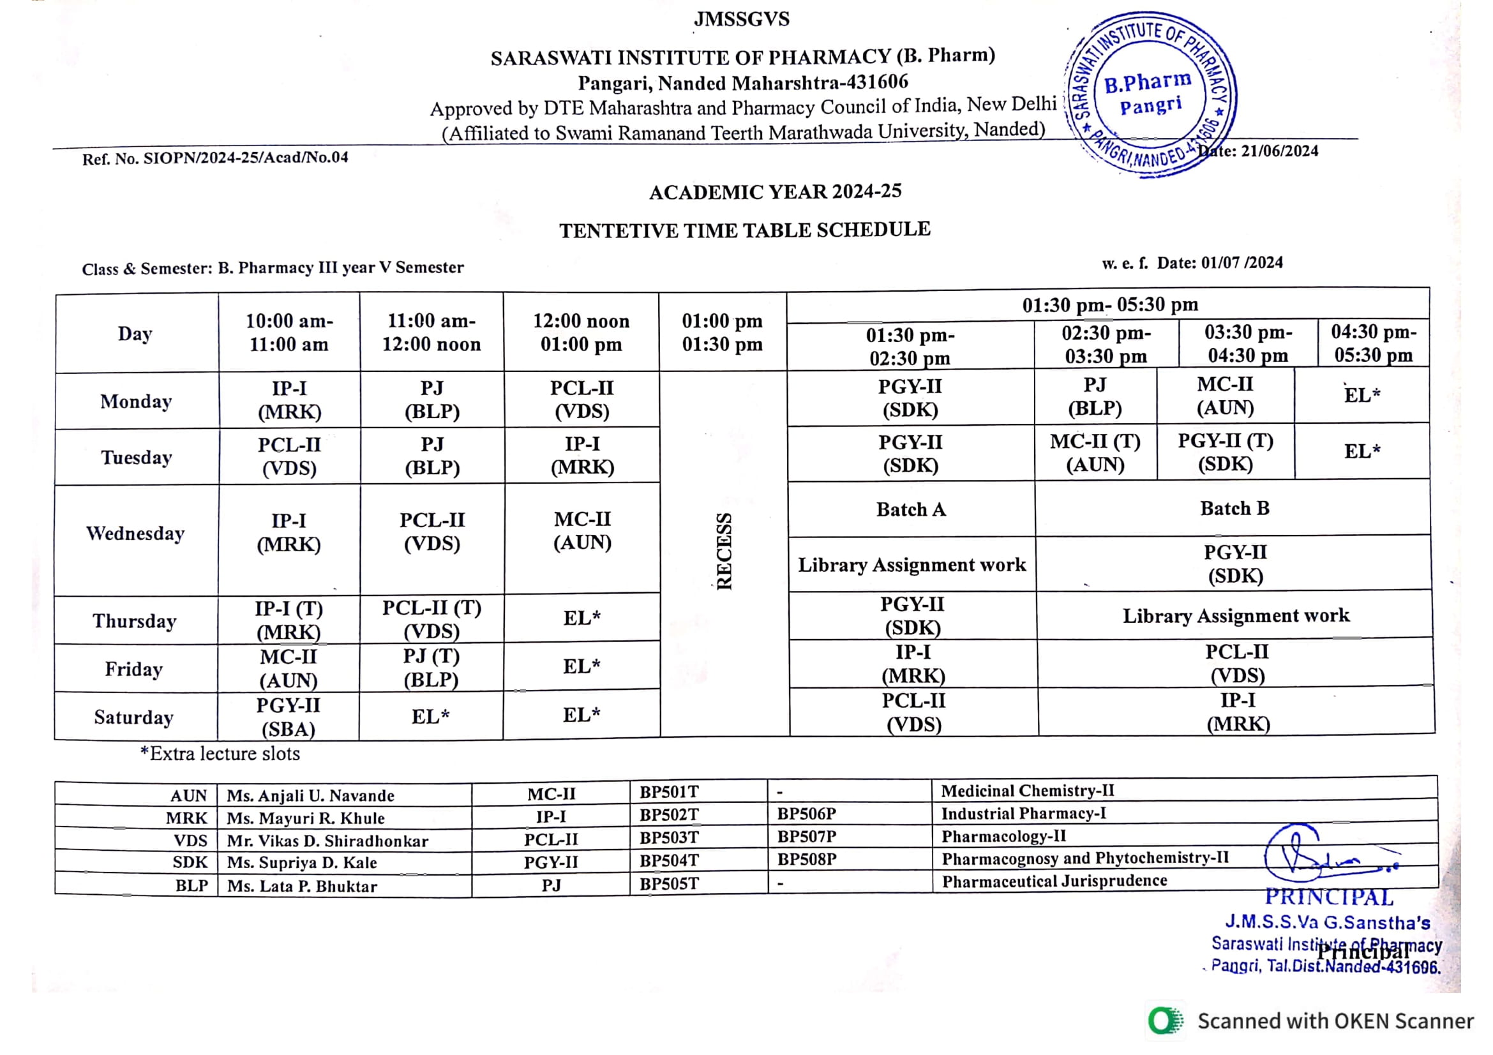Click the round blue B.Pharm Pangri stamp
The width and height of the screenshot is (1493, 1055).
(1150, 94)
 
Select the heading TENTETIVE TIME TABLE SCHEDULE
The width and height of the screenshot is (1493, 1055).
(744, 230)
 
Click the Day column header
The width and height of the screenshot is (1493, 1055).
(135, 333)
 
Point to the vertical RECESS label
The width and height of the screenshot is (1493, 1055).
(724, 551)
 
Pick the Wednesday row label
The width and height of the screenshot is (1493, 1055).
(135, 534)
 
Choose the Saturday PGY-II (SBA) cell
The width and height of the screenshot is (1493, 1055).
(288, 717)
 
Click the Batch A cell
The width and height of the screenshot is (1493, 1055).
(910, 509)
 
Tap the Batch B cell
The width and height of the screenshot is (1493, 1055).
(1234, 508)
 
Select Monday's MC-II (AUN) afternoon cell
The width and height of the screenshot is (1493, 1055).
(1225, 396)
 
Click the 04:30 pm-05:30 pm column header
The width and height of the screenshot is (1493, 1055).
(1374, 343)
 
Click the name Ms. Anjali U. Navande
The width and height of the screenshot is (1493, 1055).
(310, 796)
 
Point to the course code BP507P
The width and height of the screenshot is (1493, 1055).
(806, 837)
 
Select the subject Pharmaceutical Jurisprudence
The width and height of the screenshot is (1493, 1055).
(1054, 881)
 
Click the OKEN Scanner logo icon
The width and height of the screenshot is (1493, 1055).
(1166, 1021)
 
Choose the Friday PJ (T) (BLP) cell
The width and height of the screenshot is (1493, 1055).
(431, 668)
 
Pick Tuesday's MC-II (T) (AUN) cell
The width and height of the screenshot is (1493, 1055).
(1095, 453)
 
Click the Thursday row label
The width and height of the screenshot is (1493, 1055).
(135, 621)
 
